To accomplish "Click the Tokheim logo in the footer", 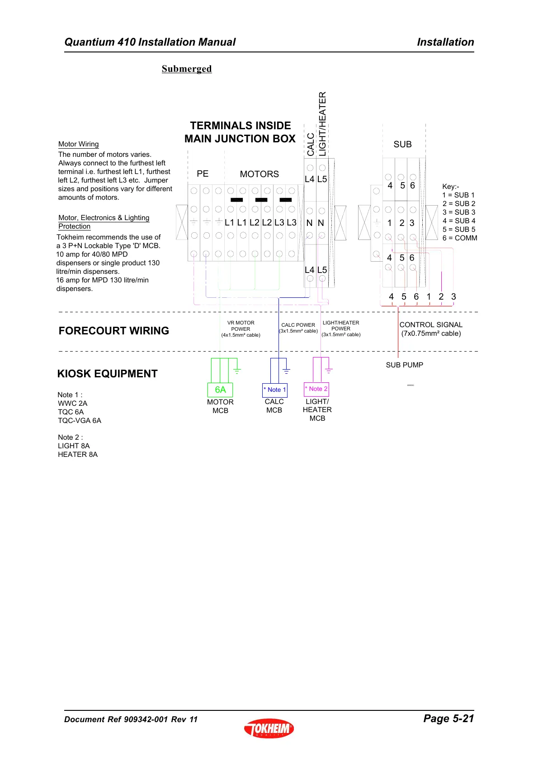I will (269, 728).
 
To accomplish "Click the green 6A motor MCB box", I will (220, 390).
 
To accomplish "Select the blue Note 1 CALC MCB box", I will (274, 390).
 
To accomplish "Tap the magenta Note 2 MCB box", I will (316, 389).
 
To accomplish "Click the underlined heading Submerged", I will (187, 69).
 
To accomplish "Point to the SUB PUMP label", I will (404, 365).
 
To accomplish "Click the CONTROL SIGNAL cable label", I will (431, 329).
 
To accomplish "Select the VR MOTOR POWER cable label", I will (241, 329).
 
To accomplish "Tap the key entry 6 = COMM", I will (460, 238).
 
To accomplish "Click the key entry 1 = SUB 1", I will (458, 195).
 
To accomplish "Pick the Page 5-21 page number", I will (448, 719).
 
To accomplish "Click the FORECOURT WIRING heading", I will (114, 331).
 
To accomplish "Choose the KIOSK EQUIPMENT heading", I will (108, 374).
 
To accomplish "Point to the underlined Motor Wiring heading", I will (79, 144).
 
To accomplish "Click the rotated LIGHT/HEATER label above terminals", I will (322, 124).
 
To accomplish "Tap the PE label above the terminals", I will (203, 174).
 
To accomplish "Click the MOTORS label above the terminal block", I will (260, 174).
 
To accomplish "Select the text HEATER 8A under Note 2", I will (78, 454).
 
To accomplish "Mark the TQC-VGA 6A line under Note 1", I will (80, 420).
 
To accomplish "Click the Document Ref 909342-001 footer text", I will (131, 719).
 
